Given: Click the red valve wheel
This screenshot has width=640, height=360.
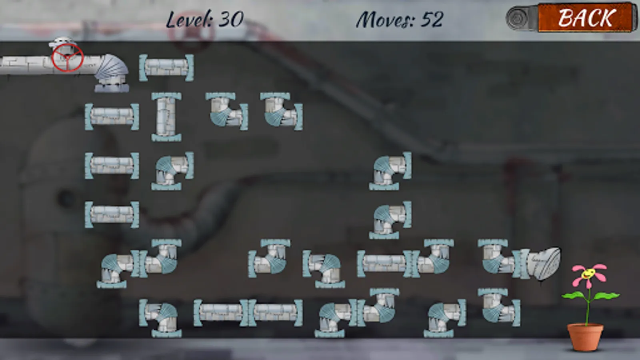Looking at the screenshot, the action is pos(68,58).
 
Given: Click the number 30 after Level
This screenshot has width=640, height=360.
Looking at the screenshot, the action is pos(231,20).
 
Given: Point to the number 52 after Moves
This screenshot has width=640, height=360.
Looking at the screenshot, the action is pos(432,20).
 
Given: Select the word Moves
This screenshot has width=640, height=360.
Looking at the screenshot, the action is pos(386,20).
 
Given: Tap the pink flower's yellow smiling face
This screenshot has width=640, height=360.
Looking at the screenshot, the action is pos(588,274).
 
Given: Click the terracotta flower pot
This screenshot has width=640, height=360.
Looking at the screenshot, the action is pos(585,337).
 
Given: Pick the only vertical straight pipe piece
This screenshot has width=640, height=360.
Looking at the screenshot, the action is pos(166,116).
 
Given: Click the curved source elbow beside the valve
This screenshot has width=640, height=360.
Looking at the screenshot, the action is pos(112,73).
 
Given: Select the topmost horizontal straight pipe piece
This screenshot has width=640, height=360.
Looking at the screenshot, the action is pos(166,68).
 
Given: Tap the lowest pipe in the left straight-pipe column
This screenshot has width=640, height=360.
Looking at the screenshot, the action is pos(112,214).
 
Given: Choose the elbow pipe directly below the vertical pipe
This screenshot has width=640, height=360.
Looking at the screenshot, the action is pos(172,171).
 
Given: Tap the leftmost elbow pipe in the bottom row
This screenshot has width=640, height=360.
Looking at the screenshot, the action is pos(160,318).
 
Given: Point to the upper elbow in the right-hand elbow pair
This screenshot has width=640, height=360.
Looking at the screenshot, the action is pos(390,171).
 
